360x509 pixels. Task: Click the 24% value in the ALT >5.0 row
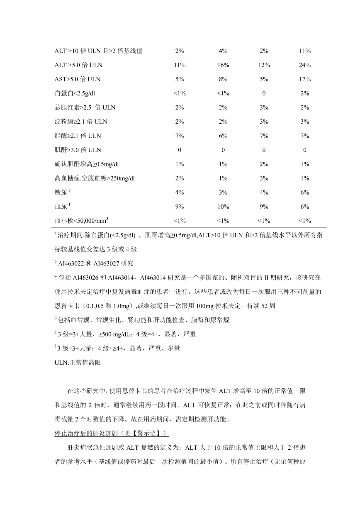[x=305, y=65]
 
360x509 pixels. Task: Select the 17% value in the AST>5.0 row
[x=305, y=79]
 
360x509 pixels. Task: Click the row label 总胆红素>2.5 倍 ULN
[x=85, y=107]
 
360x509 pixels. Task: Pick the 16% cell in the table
[x=223, y=65]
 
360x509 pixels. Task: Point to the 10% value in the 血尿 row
[x=223, y=207]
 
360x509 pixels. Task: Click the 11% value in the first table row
[x=305, y=51]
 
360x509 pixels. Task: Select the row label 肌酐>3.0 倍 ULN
[x=78, y=150]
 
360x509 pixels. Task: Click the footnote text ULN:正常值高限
[x=78, y=363]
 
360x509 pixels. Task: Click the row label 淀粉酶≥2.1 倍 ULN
[x=81, y=122]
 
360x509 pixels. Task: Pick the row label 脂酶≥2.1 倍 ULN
[x=78, y=136]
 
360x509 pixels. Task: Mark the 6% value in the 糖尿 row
[x=305, y=192]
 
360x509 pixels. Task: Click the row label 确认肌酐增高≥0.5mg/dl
[x=87, y=164]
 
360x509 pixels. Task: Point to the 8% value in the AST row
[x=223, y=79]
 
